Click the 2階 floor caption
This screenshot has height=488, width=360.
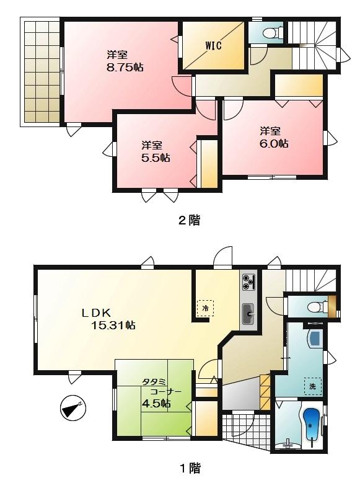click(x=190, y=220)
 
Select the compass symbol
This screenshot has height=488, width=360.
click(x=74, y=409)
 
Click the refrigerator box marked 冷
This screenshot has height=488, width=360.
click(x=204, y=307)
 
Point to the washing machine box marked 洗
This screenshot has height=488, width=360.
click(x=313, y=386)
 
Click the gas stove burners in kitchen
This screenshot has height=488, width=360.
click(x=249, y=282)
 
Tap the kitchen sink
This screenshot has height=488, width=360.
click(x=249, y=314)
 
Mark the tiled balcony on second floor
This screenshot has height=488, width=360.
click(x=42, y=71)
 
